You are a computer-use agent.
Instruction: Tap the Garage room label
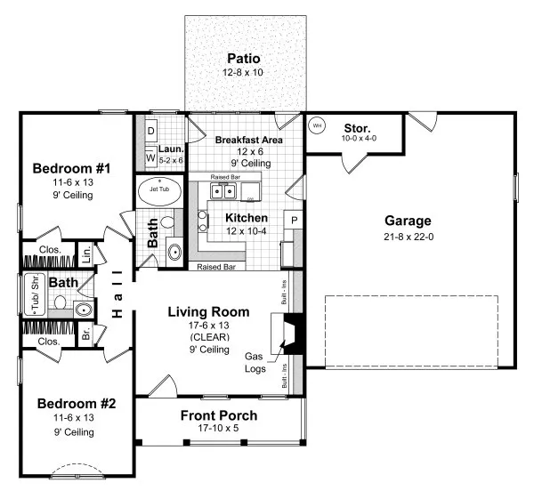click(408, 221)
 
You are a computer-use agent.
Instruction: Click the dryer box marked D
click(151, 131)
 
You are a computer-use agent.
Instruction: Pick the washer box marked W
click(150, 158)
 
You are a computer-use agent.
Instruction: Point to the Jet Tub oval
click(159, 191)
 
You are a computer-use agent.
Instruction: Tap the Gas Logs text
click(256, 361)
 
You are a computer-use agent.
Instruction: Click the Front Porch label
click(219, 415)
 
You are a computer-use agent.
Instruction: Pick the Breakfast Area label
click(249, 140)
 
